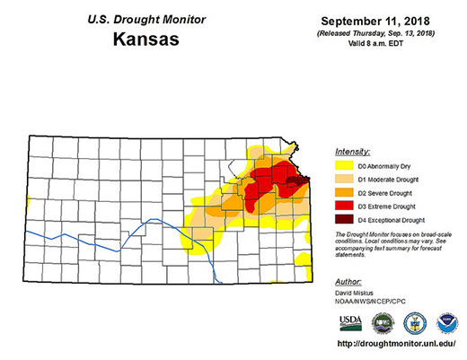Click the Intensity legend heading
[354, 152]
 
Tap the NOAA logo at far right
[445, 323]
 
